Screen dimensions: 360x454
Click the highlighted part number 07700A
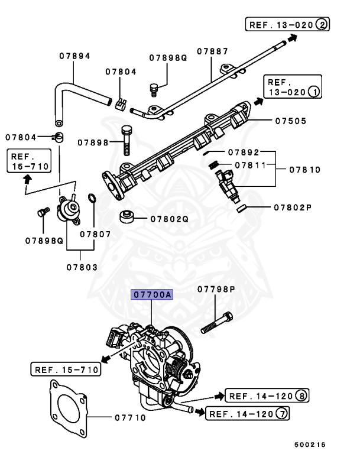coord(152,294)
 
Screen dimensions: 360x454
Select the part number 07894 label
coord(74,56)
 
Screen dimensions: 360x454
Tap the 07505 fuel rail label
coord(290,121)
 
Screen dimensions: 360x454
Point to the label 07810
coord(305,170)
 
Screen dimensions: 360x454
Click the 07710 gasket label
coord(130,417)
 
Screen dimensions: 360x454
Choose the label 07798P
coord(216,289)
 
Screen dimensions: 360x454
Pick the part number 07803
coord(82,267)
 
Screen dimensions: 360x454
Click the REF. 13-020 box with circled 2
coord(287,24)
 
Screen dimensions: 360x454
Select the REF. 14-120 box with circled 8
coord(267,395)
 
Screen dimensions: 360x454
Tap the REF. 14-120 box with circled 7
coord(247,413)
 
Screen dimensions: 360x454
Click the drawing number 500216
coord(310,445)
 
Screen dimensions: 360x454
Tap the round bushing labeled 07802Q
coord(127,217)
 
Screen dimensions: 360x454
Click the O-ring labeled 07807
coord(92,198)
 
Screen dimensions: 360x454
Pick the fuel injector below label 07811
coord(228,186)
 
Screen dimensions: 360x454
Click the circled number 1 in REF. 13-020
coord(314,92)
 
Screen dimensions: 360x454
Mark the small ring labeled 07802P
coord(241,208)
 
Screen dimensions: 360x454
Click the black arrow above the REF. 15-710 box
coord(27,180)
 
